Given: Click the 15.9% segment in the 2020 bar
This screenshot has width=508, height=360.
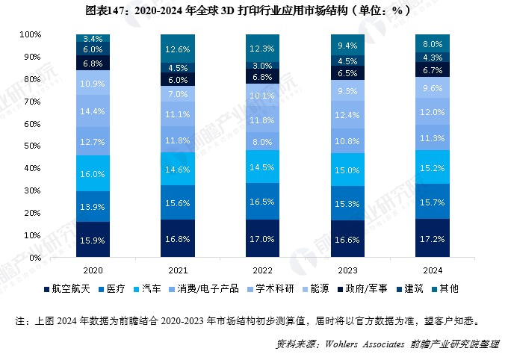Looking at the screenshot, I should pyautogui.click(x=93, y=240).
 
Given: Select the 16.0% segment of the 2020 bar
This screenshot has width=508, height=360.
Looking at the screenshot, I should pyautogui.click(x=93, y=173).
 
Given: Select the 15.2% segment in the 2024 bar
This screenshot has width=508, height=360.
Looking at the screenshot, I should pyautogui.click(x=433, y=167).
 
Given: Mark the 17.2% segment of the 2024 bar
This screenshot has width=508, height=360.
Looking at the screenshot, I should pyautogui.click(x=433, y=238).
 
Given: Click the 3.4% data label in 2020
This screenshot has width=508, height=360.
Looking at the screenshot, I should pyautogui.click(x=93, y=38).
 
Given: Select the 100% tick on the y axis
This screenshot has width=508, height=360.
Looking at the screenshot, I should pyautogui.click(x=31, y=35).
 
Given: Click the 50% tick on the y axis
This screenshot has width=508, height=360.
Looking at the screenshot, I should pyautogui.click(x=33, y=146).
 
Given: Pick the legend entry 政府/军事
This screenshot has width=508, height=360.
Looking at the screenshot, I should pyautogui.click(x=365, y=288).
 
